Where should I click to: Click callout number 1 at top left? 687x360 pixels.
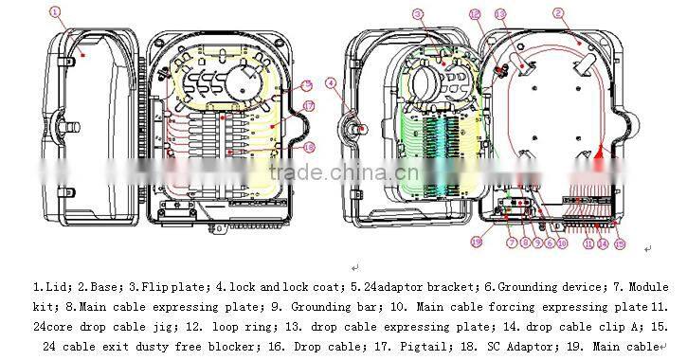(55, 12)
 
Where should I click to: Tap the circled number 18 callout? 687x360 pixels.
(308, 147)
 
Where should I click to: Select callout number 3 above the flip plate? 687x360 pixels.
(416, 13)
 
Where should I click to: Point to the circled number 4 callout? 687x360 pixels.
(332, 83)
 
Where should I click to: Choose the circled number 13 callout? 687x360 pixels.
(500, 15)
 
